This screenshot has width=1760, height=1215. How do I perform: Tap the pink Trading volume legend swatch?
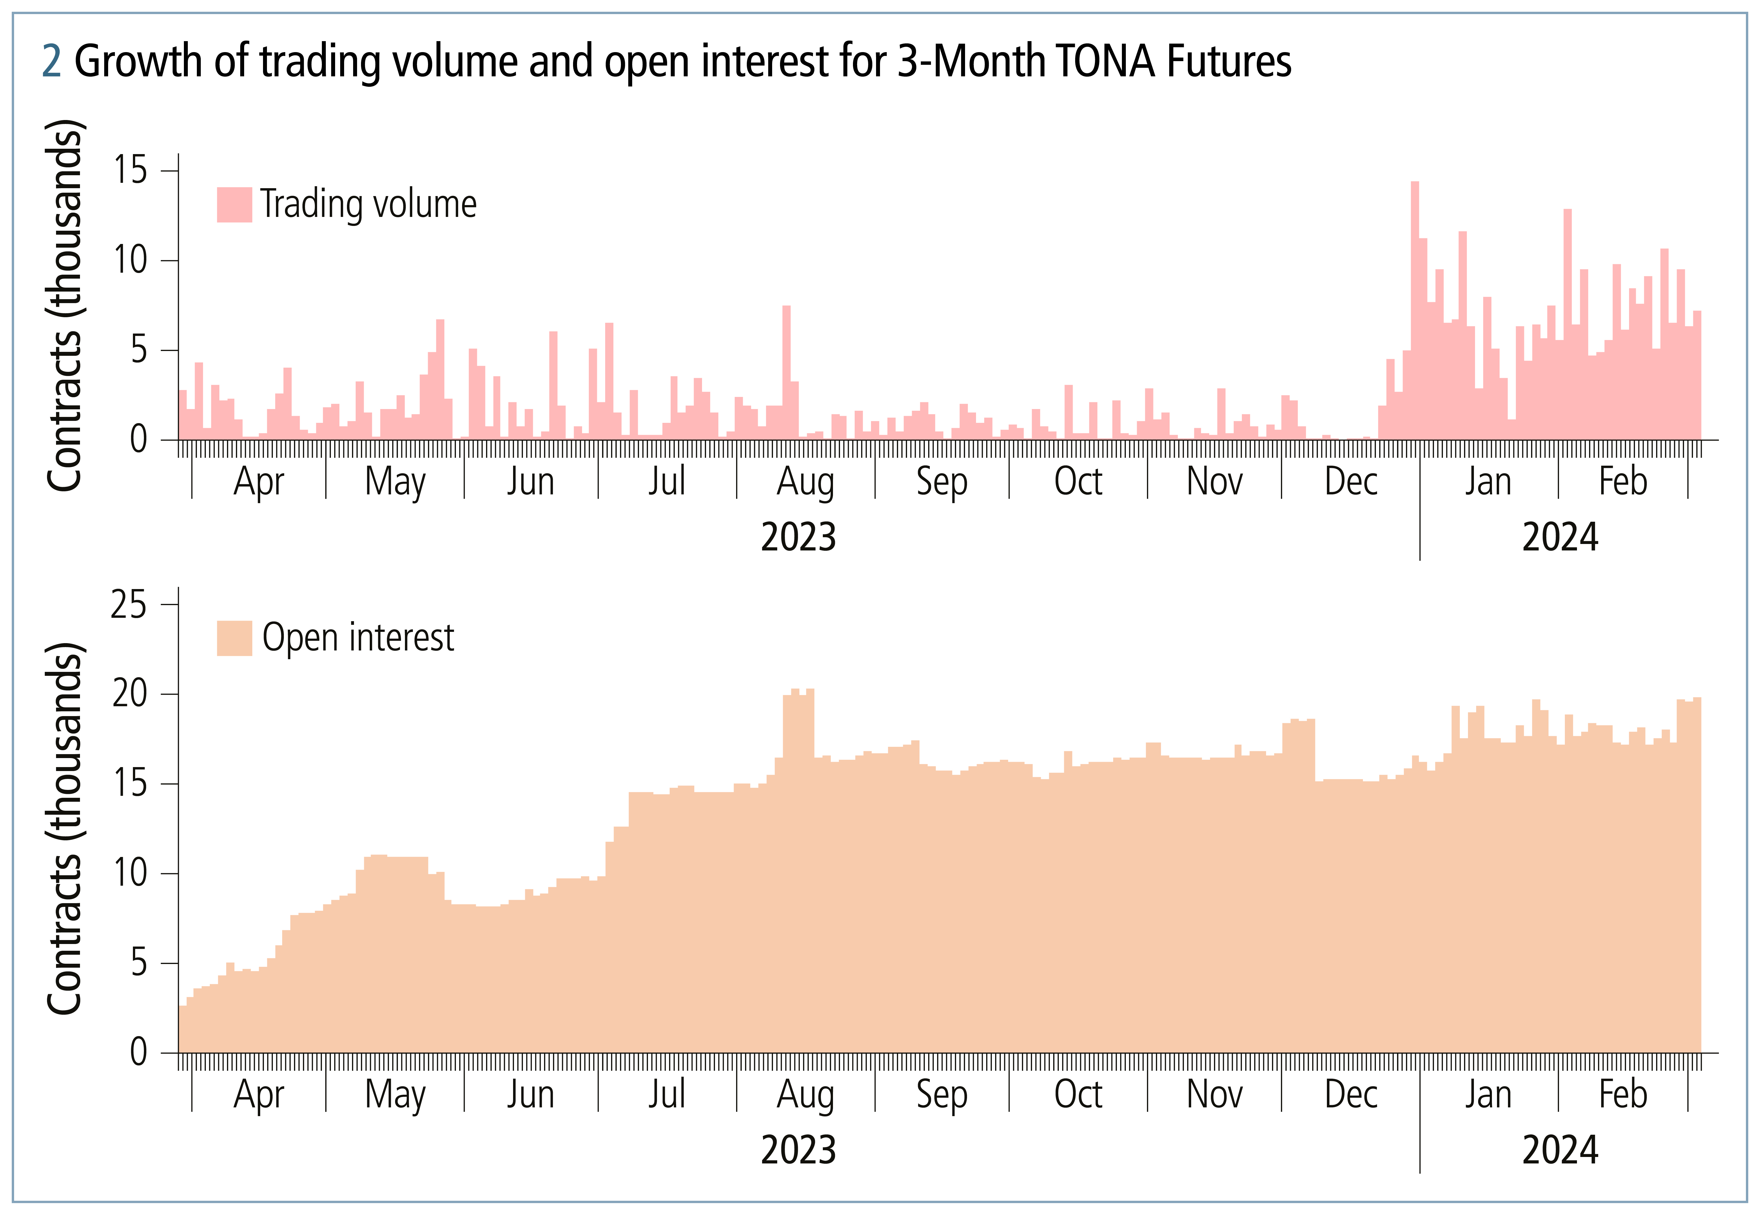234,204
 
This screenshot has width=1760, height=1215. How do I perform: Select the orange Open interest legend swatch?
234,638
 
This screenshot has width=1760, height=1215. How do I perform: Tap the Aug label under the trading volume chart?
805,482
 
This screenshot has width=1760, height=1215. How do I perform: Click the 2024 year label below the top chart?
1560,537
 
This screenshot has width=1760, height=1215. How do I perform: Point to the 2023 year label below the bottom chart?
798,1150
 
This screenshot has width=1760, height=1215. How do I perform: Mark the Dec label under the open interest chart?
1351,1095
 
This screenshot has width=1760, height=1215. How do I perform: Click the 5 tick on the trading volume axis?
139,350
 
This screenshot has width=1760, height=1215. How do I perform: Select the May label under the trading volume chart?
395,482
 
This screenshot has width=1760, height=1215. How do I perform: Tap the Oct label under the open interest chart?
1077,1095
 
